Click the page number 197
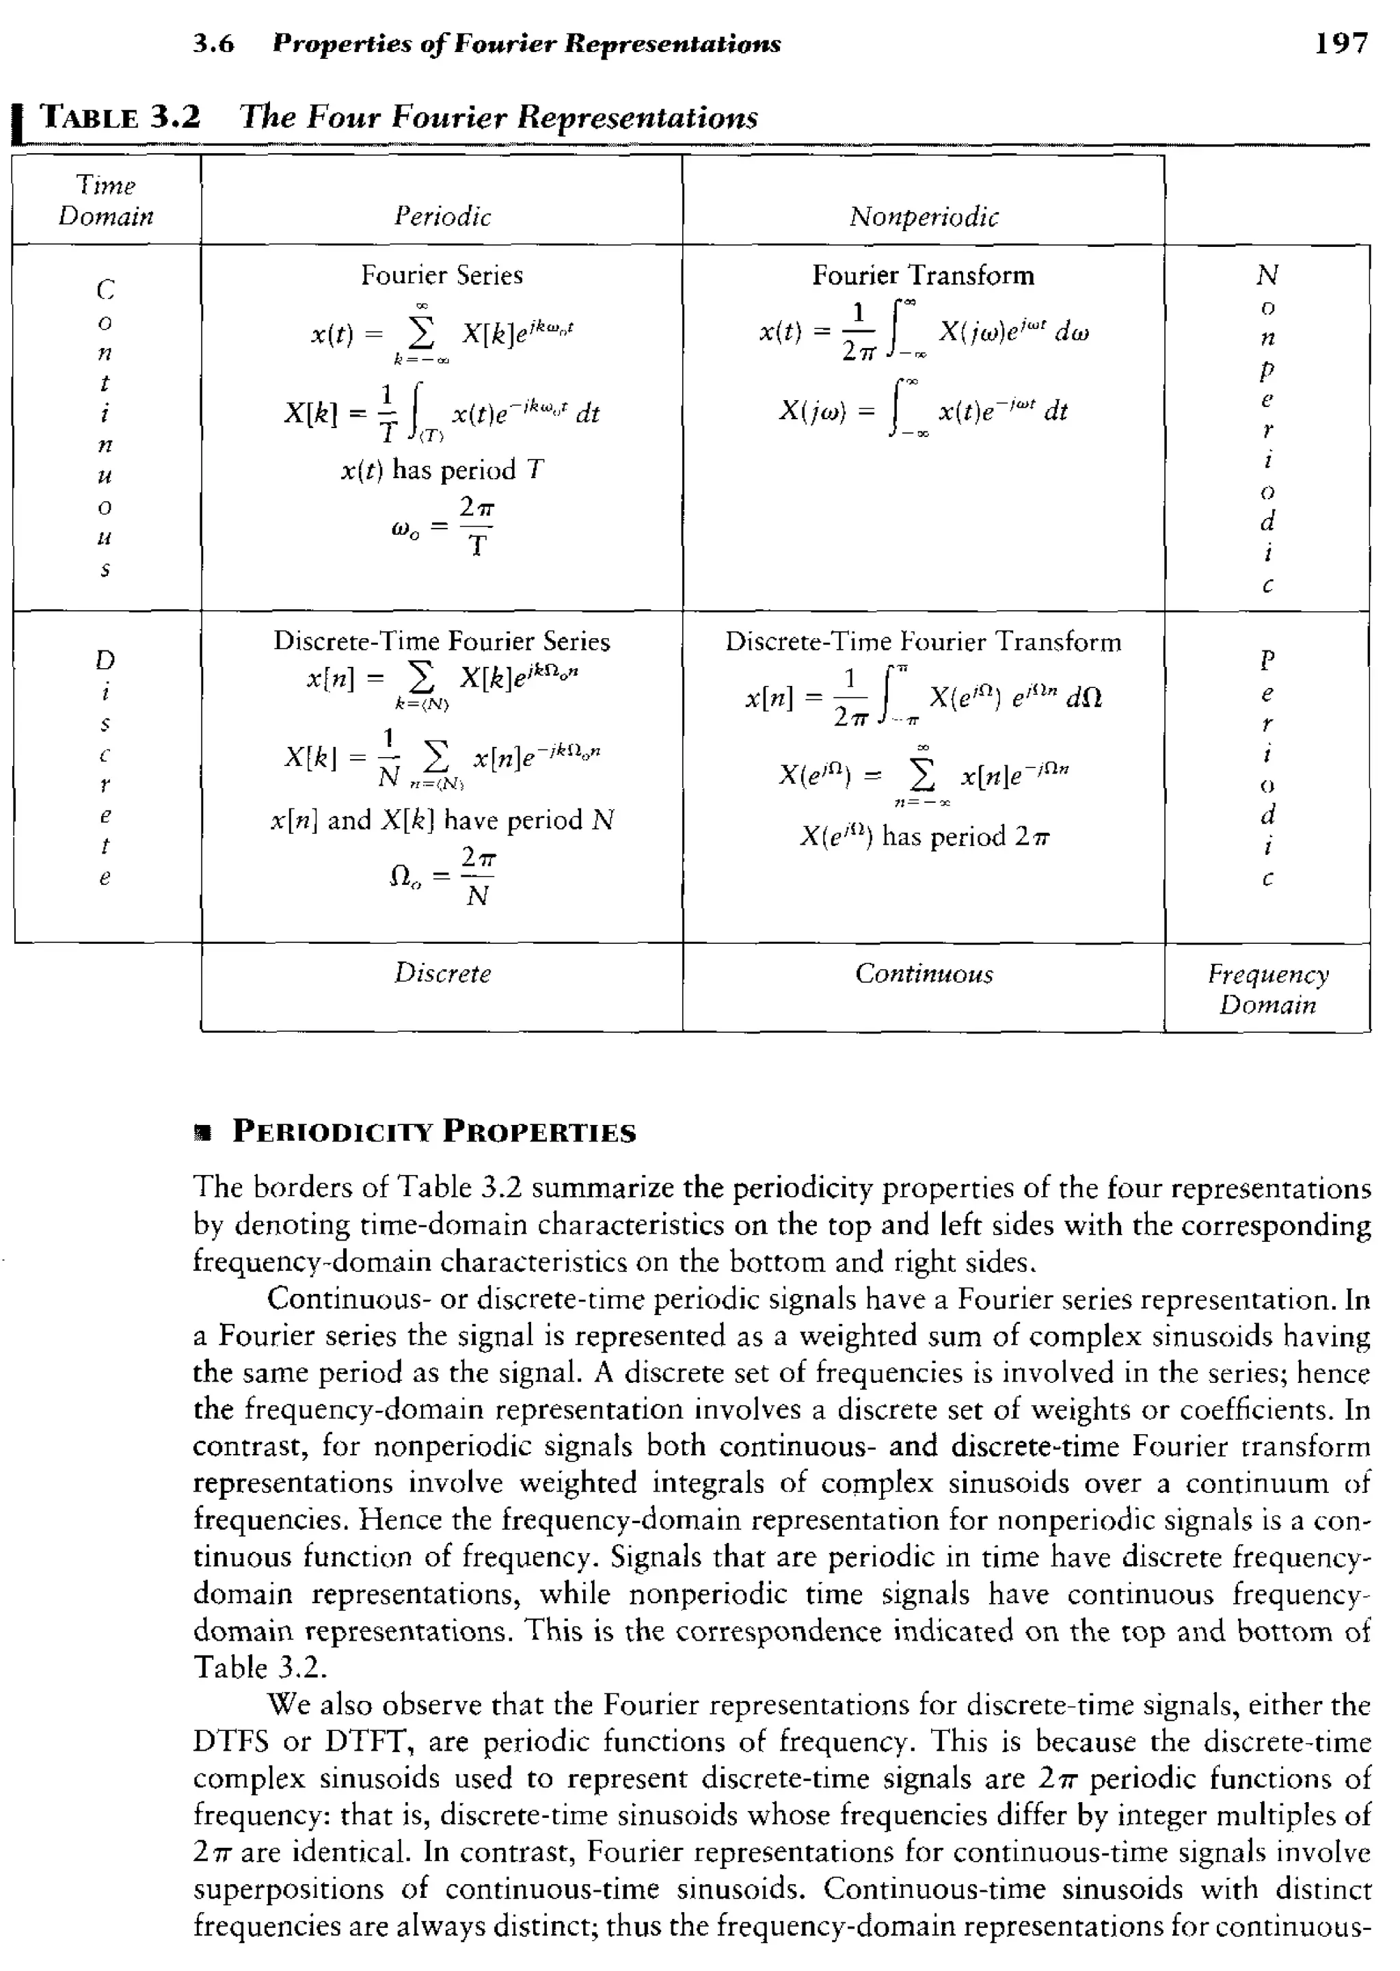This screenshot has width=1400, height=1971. coord(1341,42)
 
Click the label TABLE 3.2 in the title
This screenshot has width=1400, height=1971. coord(121,116)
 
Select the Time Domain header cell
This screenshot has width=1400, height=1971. coord(105,200)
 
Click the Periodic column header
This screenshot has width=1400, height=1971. coord(442,215)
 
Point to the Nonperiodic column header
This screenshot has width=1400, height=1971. coord(924,215)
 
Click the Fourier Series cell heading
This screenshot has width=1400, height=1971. coord(442,275)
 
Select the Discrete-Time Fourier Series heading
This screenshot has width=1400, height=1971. coord(442,641)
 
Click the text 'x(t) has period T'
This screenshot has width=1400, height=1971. coord(442,470)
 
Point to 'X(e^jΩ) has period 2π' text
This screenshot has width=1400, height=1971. coord(924,836)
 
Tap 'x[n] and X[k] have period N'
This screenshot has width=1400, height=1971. coord(442,819)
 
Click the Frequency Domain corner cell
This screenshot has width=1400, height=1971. coord(1267,989)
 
